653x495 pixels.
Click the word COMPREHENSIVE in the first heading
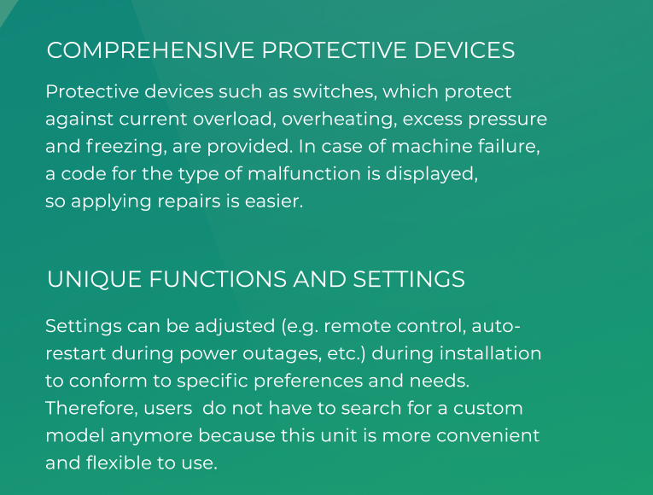(150, 50)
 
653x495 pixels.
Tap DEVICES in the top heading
(464, 50)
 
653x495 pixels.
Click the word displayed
(431, 174)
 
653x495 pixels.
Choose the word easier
(274, 201)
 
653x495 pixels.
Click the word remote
(358, 326)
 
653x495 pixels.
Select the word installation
(491, 353)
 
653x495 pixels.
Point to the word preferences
(308, 381)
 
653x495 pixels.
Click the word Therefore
(91, 409)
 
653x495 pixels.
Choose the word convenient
(487, 436)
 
